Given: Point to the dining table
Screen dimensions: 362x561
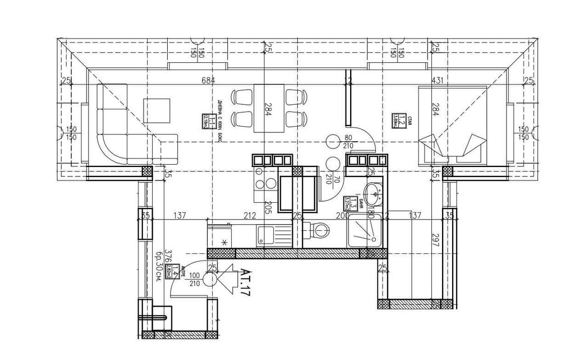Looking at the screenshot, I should click(267, 108).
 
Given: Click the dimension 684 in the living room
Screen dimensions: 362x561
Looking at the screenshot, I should click(208, 81).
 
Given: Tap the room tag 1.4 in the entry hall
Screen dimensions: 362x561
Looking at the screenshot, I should click(175, 272).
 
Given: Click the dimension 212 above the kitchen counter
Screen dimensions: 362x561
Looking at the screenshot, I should click(250, 215).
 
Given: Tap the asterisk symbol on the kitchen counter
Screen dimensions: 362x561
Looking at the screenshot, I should click(225, 242).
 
